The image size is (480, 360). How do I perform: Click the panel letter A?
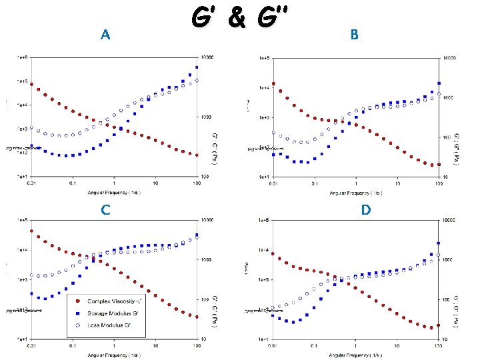[104, 35]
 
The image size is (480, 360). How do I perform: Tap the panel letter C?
[105, 209]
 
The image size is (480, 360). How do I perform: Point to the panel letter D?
[366, 210]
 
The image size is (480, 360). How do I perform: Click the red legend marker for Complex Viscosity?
[79, 301]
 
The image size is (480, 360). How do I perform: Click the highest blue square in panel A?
[197, 67]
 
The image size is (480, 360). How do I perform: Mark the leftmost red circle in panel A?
[31, 84]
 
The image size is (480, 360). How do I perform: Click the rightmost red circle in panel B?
[439, 165]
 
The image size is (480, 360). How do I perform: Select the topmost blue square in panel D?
[438, 243]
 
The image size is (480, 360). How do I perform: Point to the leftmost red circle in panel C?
[31, 231]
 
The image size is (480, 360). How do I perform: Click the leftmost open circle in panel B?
[273, 133]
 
